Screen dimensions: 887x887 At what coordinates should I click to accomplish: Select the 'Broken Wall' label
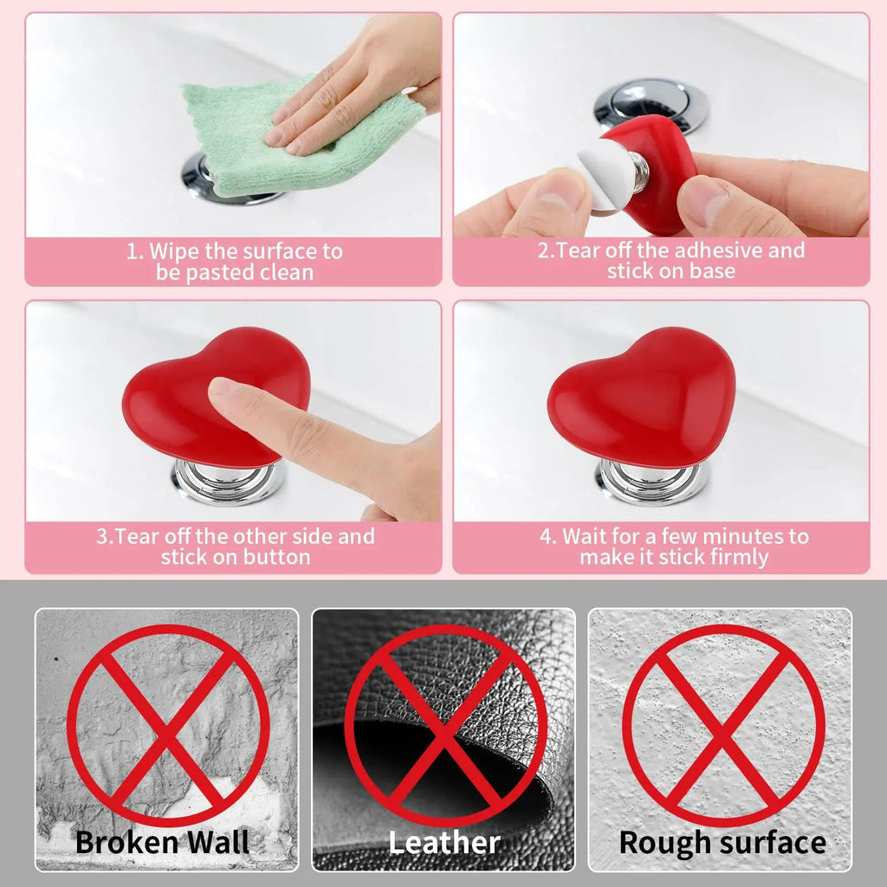pos(162,842)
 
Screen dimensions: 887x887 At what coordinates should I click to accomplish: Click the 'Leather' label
pos(443,842)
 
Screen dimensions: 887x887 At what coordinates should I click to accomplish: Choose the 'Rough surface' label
pos(722,842)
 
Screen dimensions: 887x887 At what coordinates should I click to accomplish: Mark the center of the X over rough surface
pos(723,726)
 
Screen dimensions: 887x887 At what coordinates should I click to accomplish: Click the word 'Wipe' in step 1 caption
pos(173,251)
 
